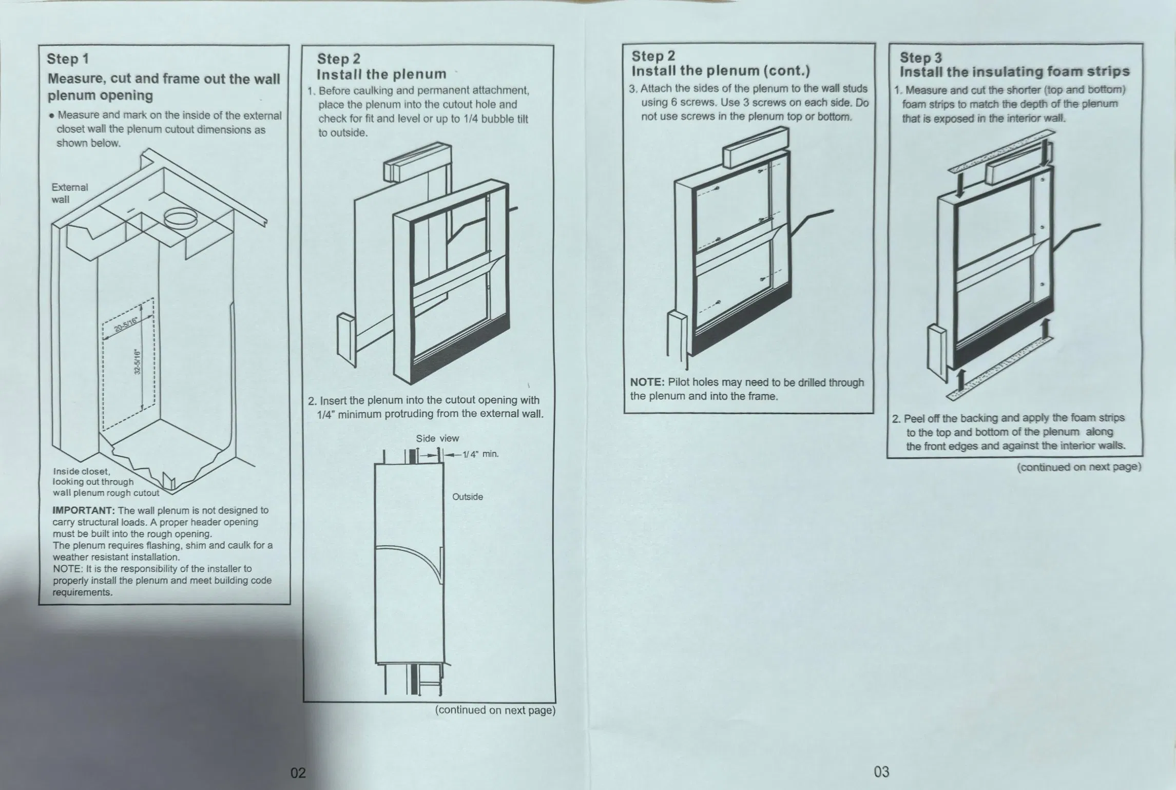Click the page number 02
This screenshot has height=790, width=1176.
(298, 773)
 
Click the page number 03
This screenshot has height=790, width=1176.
(881, 771)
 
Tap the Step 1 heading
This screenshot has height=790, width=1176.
(68, 59)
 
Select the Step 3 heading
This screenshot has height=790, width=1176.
(921, 57)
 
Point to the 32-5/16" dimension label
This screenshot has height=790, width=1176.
(137, 362)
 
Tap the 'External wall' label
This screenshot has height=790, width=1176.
(70, 194)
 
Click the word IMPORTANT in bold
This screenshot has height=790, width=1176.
(84, 510)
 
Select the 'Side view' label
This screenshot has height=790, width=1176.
(437, 438)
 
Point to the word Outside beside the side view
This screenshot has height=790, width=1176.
(468, 497)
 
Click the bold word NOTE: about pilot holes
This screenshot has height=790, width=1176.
(648, 382)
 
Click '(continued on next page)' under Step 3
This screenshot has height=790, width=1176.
(1079, 467)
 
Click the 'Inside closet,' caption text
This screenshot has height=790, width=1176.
(81, 471)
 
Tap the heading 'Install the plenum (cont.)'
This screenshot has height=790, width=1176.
(721, 71)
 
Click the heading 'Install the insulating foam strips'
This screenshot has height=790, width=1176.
(1015, 72)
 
